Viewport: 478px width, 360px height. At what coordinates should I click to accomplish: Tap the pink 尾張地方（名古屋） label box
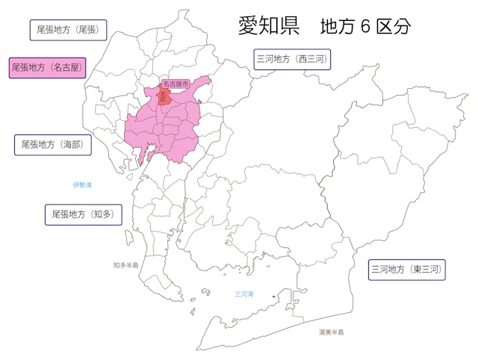pos(46,67)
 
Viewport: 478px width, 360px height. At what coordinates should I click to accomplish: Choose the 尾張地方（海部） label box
pos(52,144)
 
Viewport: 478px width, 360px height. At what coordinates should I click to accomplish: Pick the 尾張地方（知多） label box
pos(82,214)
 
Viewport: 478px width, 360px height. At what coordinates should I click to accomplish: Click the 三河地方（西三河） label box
pos(291,59)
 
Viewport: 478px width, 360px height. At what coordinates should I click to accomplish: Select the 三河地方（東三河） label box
pos(407,270)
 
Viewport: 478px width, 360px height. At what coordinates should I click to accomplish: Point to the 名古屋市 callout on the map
pos(176,84)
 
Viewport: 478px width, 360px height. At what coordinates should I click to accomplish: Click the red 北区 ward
pos(164,96)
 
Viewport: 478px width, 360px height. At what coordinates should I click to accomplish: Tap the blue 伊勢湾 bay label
pos(82,184)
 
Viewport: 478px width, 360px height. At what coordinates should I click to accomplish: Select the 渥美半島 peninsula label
pos(331,332)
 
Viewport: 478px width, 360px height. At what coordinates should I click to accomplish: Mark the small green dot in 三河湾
pos(273,297)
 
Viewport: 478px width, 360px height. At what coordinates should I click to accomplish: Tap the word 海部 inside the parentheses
pos(71,144)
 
